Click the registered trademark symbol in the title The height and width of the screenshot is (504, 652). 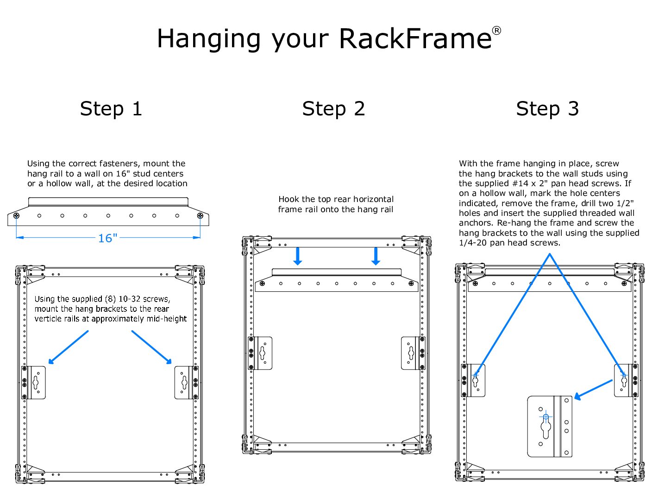pos(496,31)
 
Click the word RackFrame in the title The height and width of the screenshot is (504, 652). pos(415,38)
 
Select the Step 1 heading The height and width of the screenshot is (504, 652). pos(111,109)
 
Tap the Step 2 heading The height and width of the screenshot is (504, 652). pos(333,109)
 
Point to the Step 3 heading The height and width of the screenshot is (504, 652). pos(547,109)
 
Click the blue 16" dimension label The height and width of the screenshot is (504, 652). pos(107,238)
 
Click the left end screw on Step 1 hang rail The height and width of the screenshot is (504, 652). pos(17,216)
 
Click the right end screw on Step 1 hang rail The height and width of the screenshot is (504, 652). pos(200,216)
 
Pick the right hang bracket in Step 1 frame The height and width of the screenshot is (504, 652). pos(185,383)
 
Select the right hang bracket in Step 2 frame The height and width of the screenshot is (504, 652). pos(411,353)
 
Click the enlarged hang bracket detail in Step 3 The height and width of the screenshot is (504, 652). pos(550,426)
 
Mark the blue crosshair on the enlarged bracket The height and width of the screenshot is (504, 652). pos(546,417)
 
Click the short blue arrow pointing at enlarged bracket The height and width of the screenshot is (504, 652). pos(593,390)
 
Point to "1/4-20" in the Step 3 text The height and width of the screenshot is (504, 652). pos(473,243)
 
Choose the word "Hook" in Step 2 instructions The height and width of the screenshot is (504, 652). pos(288,199)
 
